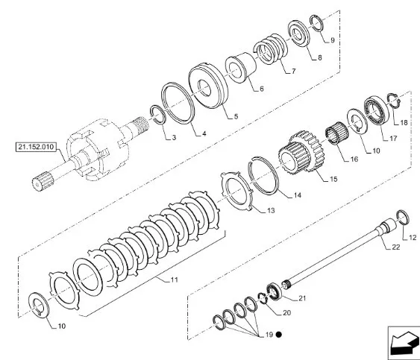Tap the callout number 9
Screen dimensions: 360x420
click(332, 39)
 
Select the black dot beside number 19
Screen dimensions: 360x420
click(278, 335)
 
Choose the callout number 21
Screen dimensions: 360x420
click(302, 298)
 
